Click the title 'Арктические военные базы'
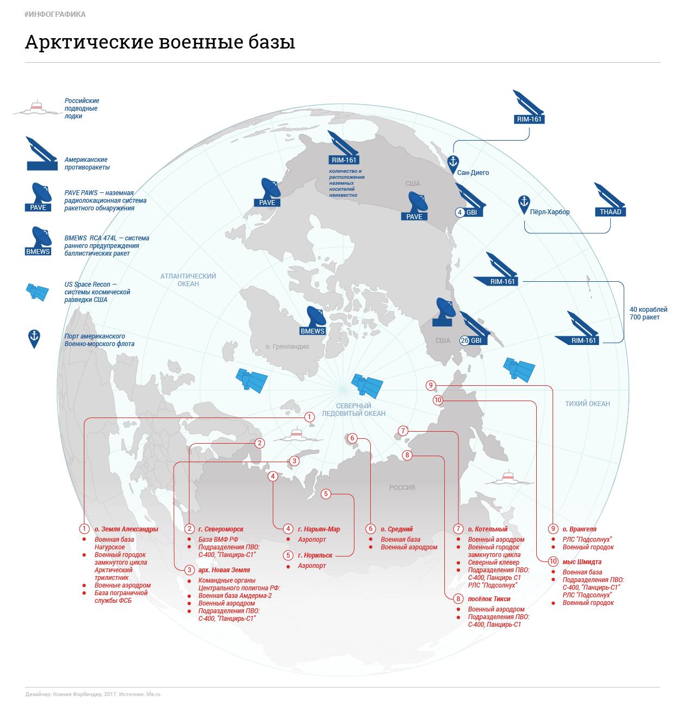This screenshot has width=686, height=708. tap(160, 42)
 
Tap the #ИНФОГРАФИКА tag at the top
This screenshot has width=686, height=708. tap(55, 14)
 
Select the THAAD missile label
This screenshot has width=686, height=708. tap(610, 212)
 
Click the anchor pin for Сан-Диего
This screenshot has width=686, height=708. tap(452, 162)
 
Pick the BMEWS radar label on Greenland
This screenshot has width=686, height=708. tap(313, 331)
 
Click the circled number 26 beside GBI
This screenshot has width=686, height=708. tap(464, 341)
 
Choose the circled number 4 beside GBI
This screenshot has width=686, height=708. tap(460, 212)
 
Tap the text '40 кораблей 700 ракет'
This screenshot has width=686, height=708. tap(645, 313)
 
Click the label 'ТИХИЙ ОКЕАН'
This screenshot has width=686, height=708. tap(587, 404)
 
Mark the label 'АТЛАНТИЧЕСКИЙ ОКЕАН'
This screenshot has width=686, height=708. tap(188, 280)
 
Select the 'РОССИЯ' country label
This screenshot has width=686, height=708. tap(402, 488)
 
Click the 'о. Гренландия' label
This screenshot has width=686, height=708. tap(287, 347)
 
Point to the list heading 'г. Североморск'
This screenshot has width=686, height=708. tap(220, 529)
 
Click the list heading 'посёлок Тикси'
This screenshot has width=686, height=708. tap(489, 599)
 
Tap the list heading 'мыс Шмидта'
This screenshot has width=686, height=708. tap(582, 562)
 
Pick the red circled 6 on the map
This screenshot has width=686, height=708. tap(352, 438)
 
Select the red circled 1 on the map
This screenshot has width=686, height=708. tap(309, 417)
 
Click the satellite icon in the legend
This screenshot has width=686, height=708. tap(38, 292)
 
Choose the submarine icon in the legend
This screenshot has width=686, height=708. tap(36, 108)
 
